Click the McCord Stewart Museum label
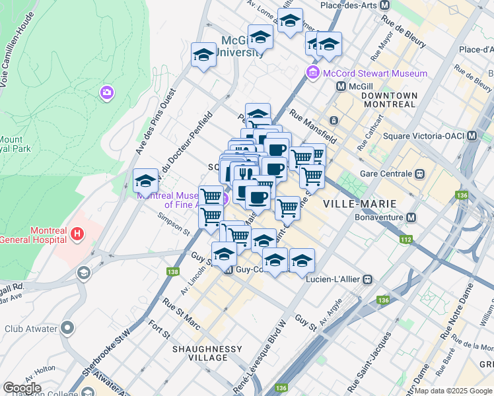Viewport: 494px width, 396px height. (374, 73)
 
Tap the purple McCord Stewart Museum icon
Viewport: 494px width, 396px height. (313, 73)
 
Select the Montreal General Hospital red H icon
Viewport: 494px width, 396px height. (77, 233)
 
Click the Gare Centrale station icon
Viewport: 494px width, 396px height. (419, 174)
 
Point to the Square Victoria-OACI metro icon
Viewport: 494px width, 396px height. (472, 136)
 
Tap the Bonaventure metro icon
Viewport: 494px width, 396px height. (411, 217)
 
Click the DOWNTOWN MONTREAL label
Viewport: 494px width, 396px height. (389, 101)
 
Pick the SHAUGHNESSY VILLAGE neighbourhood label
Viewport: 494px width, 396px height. (199, 352)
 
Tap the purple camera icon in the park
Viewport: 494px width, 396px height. (106, 93)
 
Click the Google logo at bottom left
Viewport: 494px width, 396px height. (22, 388)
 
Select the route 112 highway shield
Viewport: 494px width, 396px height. (404, 240)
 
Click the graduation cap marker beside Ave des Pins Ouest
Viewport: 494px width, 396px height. (145, 181)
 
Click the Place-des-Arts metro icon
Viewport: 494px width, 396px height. (383, 5)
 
